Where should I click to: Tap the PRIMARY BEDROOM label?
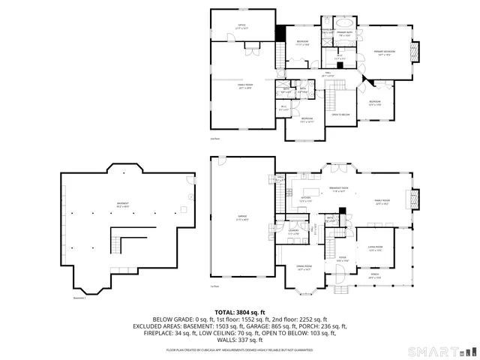[x=385, y=52]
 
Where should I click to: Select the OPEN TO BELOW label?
[x=341, y=115]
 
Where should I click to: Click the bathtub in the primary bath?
[x=344, y=22]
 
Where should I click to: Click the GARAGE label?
[x=242, y=218]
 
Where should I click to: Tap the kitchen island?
[x=306, y=204]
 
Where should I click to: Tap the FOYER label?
[x=342, y=259]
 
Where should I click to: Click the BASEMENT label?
[x=121, y=204]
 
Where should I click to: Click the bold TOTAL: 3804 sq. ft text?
[x=239, y=311]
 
